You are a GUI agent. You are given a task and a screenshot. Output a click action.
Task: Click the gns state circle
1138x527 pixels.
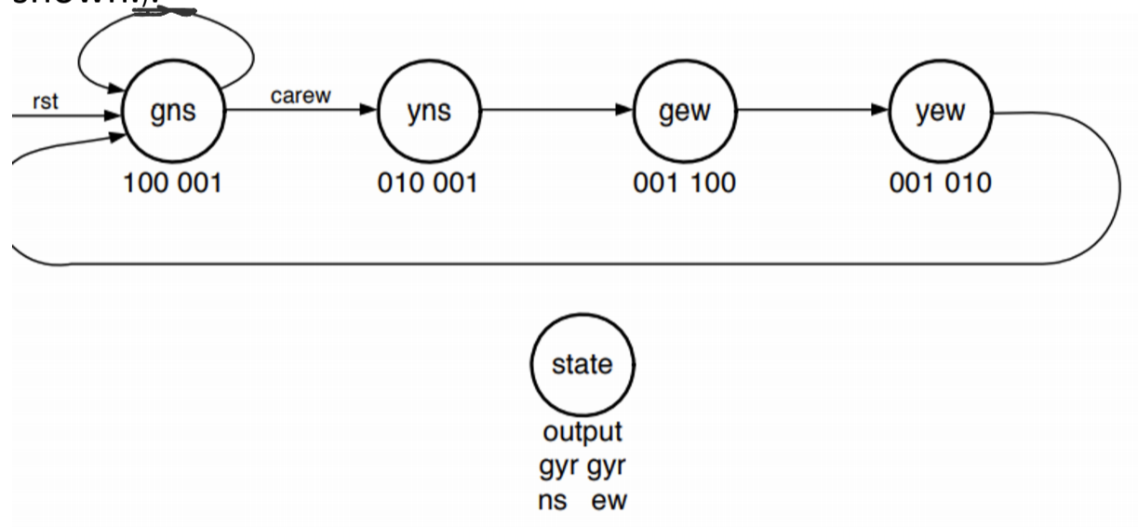pos(173,113)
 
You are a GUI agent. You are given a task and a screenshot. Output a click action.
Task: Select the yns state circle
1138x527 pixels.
pos(429,113)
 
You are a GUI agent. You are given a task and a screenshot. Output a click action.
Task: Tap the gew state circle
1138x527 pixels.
pos(684,113)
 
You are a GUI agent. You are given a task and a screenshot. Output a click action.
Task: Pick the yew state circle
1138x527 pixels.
pos(941,113)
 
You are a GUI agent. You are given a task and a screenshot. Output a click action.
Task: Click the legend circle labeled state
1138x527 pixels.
pos(583,364)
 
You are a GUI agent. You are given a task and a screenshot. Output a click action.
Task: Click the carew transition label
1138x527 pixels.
pos(301,97)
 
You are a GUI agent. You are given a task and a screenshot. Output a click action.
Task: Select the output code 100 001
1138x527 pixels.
pos(173,183)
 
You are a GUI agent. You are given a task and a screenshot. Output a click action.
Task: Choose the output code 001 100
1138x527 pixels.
pos(684,183)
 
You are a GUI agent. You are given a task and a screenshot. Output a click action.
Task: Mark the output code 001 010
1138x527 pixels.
pos(940,183)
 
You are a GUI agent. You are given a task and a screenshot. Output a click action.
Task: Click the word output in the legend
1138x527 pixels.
pos(582,433)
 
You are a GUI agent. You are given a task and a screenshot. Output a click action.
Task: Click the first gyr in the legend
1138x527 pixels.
pos(557,466)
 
